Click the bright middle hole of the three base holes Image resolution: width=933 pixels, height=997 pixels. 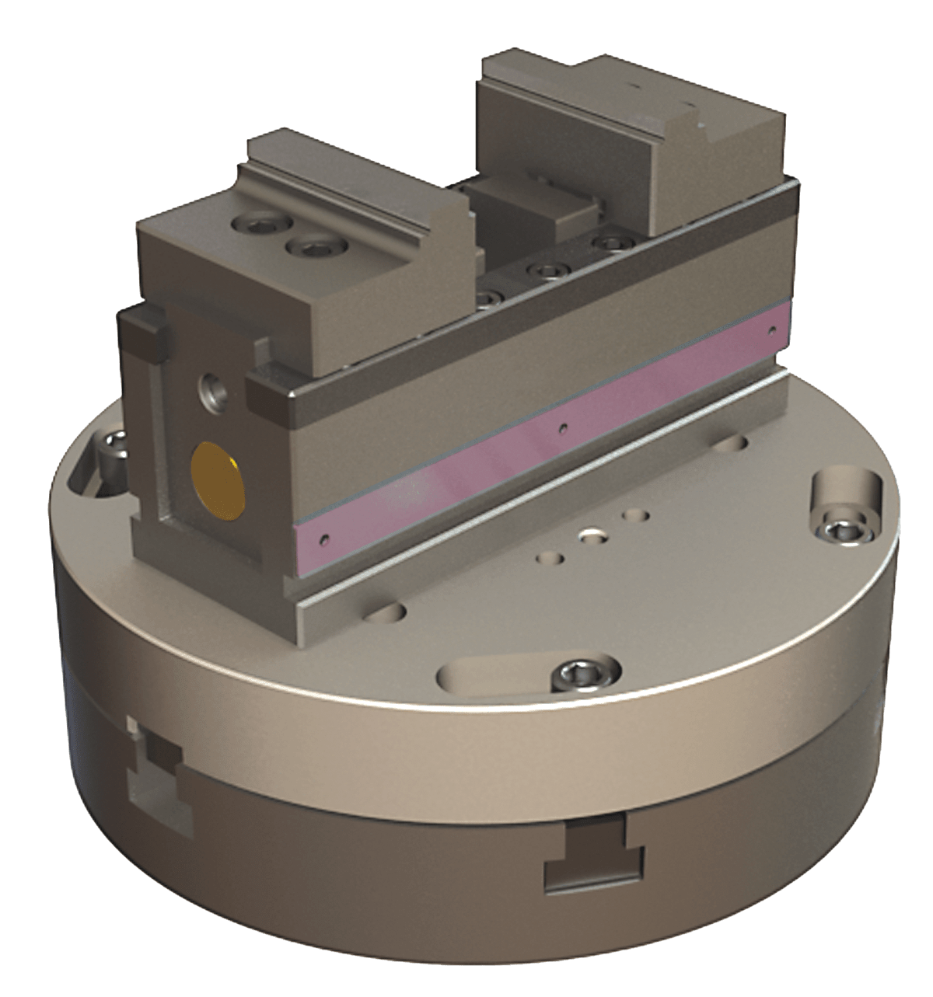click(593, 535)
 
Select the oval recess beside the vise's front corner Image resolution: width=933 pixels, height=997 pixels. click(386, 611)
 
